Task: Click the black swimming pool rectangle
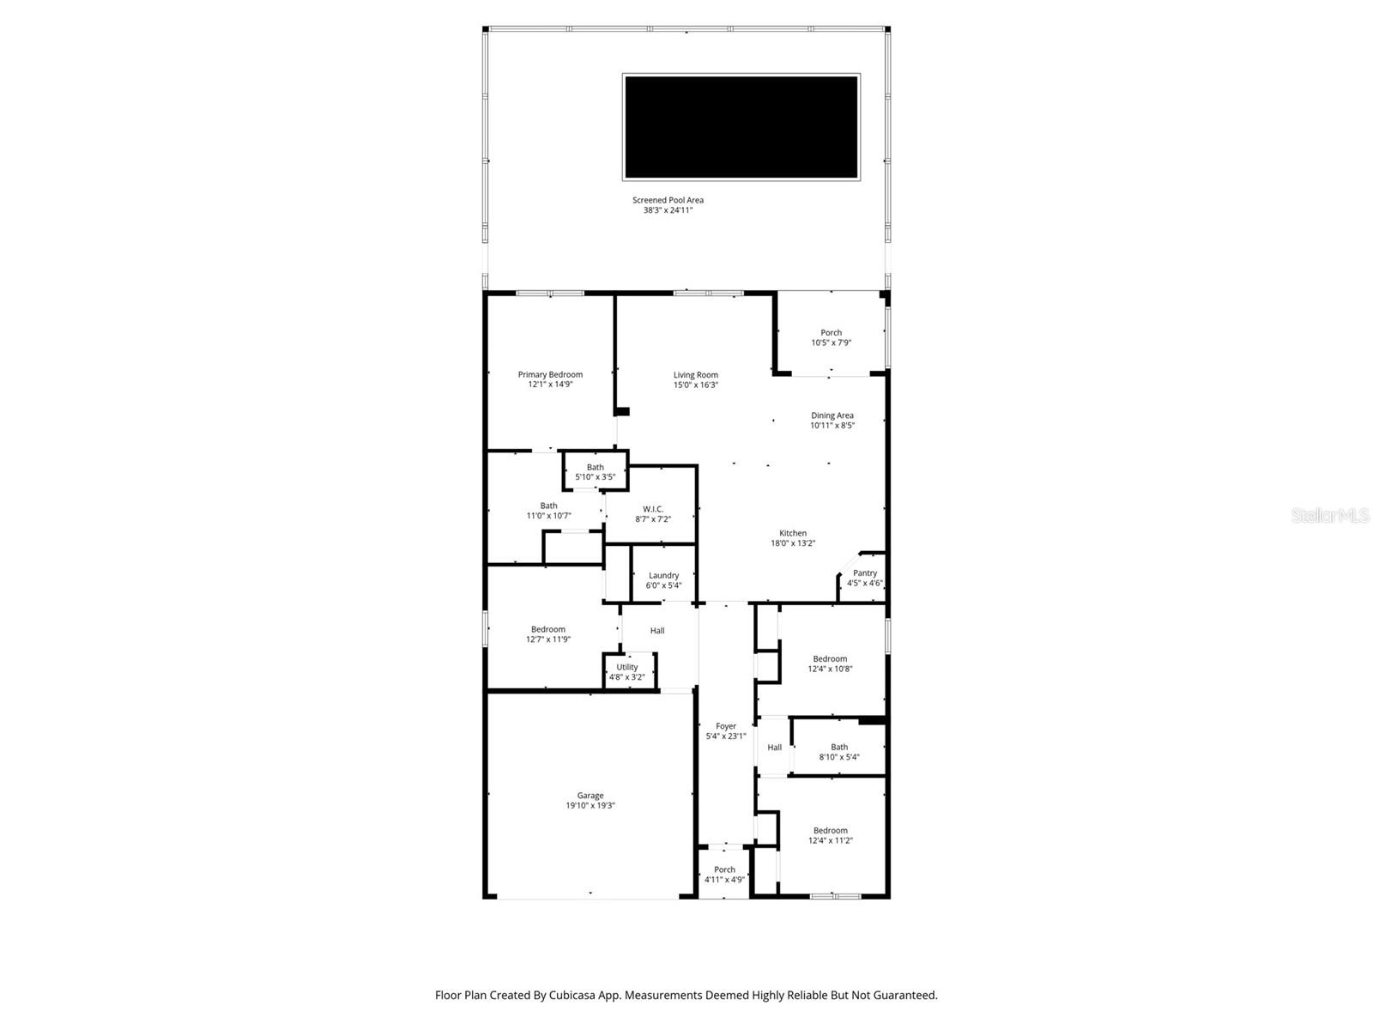741,127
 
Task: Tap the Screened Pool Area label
668,200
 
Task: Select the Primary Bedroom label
550,374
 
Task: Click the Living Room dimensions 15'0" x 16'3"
695,385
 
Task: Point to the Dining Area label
832,415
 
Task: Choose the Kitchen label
792,533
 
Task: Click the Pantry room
864,578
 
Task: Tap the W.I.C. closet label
653,509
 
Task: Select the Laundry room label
663,575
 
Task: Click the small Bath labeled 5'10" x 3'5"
595,472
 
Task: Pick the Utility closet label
626,667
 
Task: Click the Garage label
590,796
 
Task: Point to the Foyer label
726,726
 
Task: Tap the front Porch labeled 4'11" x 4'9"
724,874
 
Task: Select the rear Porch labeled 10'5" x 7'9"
831,337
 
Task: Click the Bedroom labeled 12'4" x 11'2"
830,835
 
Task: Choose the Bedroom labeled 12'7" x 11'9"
547,633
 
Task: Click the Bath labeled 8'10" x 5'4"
838,752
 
